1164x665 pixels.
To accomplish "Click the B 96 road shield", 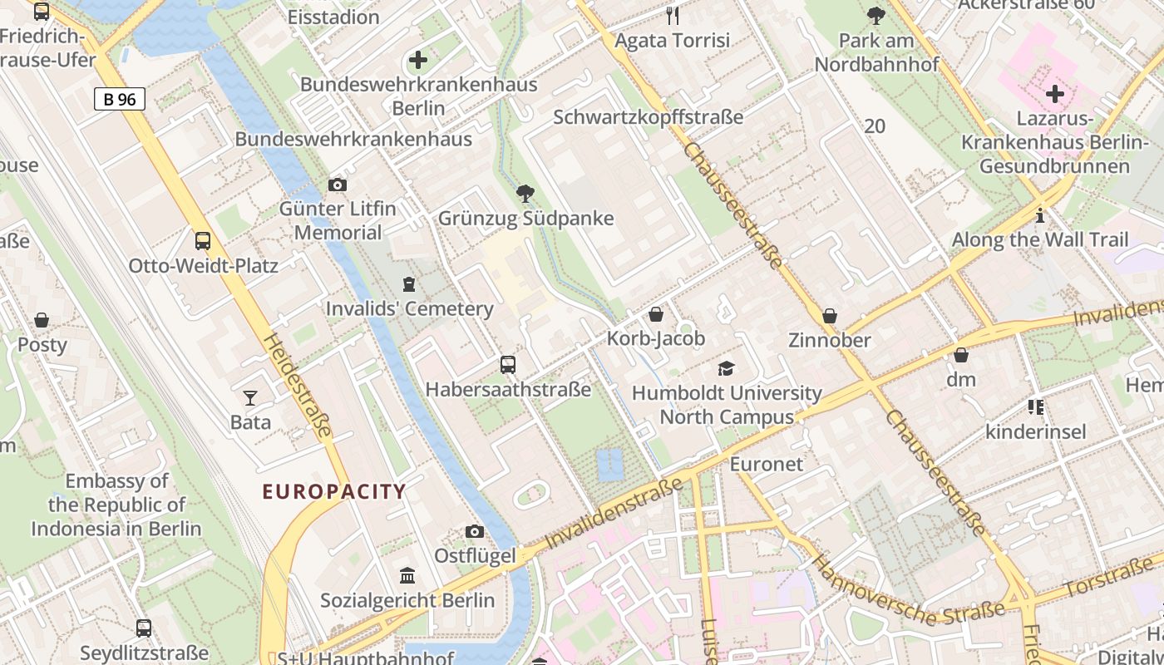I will click(120, 100).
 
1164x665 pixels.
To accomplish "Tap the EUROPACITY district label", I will click(334, 491).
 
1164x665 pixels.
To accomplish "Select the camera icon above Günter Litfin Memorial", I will click(338, 185).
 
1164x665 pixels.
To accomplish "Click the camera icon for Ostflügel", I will click(475, 531).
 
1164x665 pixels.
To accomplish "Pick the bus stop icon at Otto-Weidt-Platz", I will click(203, 241).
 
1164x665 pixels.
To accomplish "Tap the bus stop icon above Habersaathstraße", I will click(508, 364).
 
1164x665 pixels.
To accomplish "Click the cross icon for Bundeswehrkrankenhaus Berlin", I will click(418, 60).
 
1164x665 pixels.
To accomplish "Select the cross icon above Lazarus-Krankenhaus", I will click(1055, 94).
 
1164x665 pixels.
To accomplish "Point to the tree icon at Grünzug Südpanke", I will click(525, 194).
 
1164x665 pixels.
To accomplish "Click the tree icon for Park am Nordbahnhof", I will click(876, 15).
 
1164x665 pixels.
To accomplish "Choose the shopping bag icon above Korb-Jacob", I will click(656, 314).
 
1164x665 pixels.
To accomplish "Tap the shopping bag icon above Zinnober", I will click(830, 316).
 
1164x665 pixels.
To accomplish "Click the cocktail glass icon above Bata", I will click(250, 398).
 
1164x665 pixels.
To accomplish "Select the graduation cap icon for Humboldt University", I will click(727, 368).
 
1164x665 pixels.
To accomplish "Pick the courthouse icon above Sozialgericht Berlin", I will click(407, 575).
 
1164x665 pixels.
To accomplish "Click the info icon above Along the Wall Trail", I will click(1040, 216).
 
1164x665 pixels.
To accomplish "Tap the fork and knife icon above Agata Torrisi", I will click(673, 15).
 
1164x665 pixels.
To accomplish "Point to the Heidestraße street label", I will click(298, 386).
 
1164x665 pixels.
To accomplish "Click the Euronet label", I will click(767, 464).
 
